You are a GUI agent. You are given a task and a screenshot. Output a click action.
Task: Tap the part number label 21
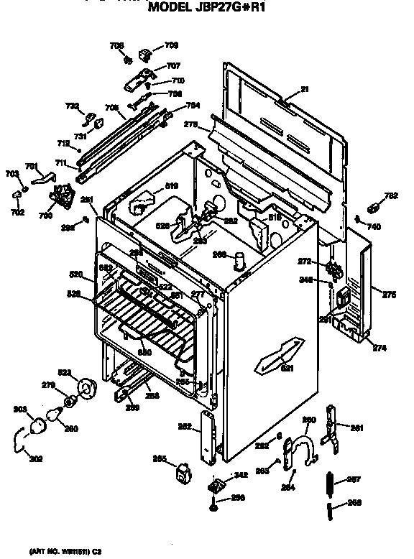pyautogui.click(x=303, y=91)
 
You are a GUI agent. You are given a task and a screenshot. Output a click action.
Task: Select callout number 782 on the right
pyautogui.click(x=390, y=195)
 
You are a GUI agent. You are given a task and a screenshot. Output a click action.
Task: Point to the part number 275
pyautogui.click(x=389, y=294)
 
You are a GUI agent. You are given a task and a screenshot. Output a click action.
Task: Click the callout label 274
pyautogui.click(x=379, y=348)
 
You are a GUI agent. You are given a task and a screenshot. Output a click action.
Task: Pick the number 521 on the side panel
pyautogui.click(x=287, y=369)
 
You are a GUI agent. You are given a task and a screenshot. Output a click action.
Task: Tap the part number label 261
pyautogui.click(x=357, y=428)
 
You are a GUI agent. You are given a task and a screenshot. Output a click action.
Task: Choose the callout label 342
pyautogui.click(x=241, y=475)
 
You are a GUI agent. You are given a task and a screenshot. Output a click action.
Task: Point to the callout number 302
pyautogui.click(x=35, y=458)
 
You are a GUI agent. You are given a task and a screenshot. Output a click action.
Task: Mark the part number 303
pyautogui.click(x=19, y=410)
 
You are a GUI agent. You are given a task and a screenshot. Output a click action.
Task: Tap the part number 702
pyautogui.click(x=18, y=213)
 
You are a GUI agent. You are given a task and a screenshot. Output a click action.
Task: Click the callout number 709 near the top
pyautogui.click(x=172, y=45)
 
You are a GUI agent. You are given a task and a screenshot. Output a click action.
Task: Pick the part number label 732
pyautogui.click(x=72, y=106)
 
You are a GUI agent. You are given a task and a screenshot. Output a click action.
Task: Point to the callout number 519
pyautogui.click(x=171, y=186)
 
